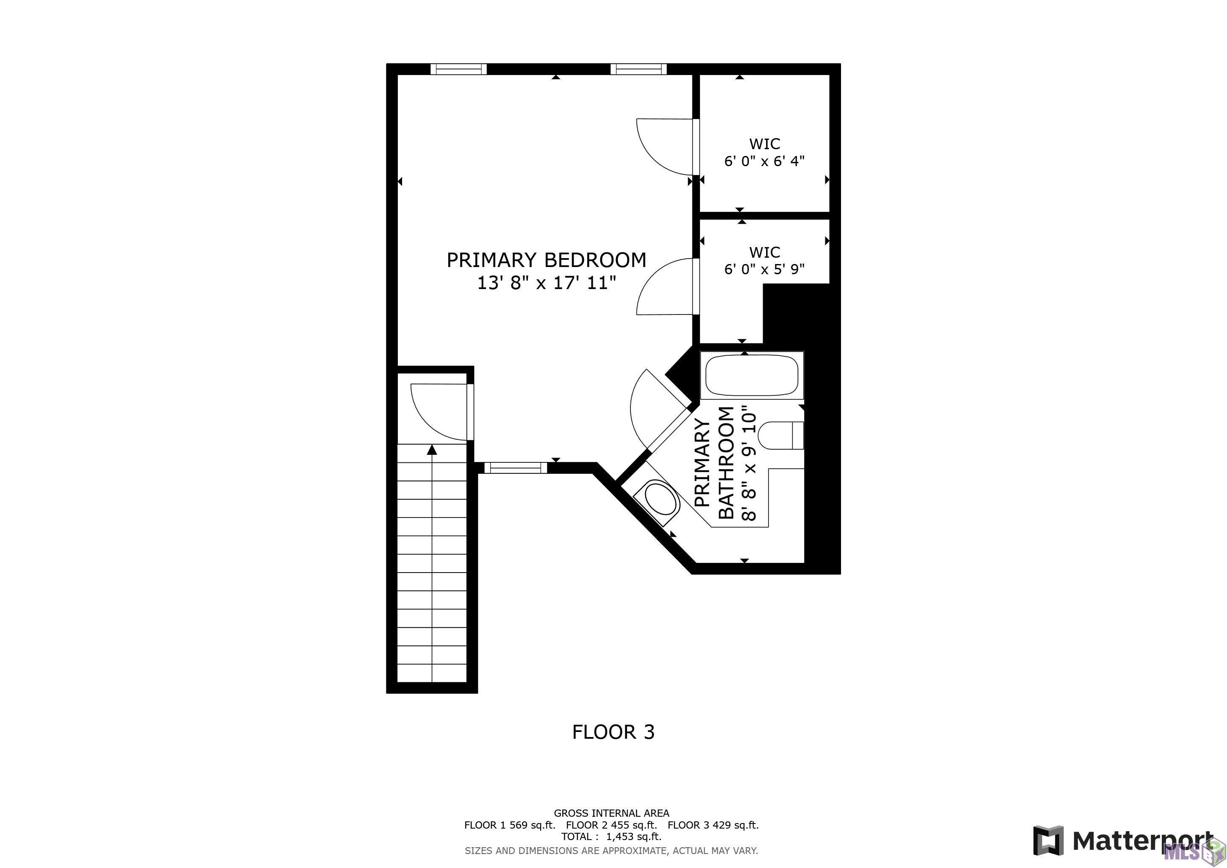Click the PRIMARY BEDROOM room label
point(546,260)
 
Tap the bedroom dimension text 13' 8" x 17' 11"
point(546,283)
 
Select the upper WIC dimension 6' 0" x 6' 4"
point(764,161)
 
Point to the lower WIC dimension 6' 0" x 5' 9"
point(764,269)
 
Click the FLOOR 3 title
point(613,732)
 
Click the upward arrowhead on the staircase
point(432,450)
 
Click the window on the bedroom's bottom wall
point(516,467)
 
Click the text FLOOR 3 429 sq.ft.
point(713,825)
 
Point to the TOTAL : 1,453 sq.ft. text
point(611,837)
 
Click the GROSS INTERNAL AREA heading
point(611,813)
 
